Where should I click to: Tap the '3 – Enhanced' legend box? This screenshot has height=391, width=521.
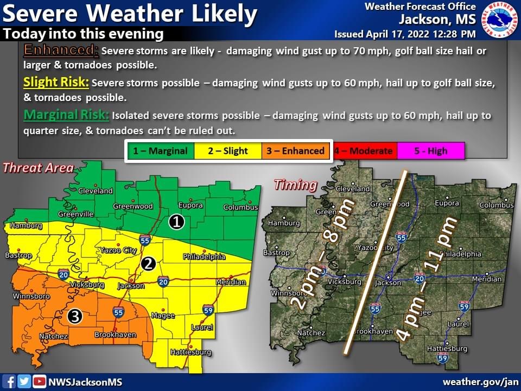[295, 151]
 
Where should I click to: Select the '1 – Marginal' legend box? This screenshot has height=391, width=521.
[161, 151]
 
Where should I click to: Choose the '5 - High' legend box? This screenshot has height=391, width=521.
[430, 151]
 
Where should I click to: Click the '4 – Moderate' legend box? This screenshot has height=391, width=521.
[364, 151]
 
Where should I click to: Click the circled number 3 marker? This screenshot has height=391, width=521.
[75, 316]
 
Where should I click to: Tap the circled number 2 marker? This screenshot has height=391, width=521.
[148, 264]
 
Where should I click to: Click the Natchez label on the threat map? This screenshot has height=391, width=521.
[53, 337]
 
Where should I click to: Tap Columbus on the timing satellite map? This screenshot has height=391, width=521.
[496, 205]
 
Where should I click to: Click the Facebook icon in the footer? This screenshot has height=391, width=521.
[10, 382]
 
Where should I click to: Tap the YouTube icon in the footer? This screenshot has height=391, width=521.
[39, 382]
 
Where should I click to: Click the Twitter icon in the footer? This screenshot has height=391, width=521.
[24, 382]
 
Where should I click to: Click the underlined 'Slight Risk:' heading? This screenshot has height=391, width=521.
[56, 83]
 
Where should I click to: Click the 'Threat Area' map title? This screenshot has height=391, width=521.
[38, 168]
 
